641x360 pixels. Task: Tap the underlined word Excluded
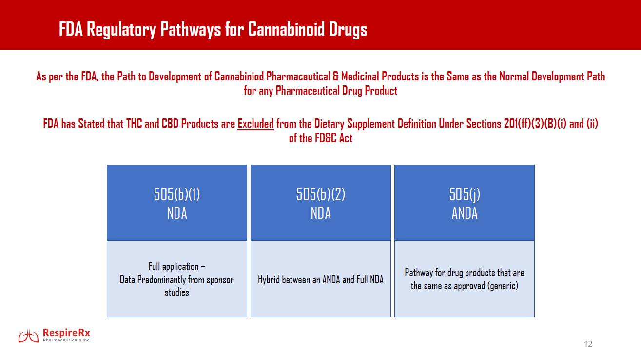tap(255, 124)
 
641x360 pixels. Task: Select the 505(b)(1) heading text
tap(177, 194)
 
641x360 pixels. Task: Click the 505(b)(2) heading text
tap(321, 194)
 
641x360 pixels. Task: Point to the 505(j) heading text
tap(465, 194)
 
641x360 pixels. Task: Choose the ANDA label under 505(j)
tap(465, 213)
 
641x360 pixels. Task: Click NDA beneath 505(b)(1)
tap(177, 213)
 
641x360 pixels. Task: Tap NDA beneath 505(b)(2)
tap(321, 213)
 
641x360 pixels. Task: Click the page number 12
tap(588, 344)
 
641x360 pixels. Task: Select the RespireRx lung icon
tap(28, 336)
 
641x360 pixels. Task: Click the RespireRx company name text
tap(67, 333)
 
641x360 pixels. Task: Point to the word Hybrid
tap(270, 280)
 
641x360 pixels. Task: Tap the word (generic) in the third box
tap(502, 286)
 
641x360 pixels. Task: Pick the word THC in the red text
tap(134, 124)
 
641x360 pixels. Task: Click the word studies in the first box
tap(176, 292)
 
